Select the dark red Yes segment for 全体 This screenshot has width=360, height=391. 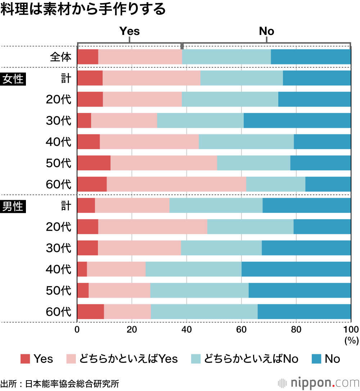87,57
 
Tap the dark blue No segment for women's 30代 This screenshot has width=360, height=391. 297,120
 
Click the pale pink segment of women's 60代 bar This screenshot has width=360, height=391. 176,184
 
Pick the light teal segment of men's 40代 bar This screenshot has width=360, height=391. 193,269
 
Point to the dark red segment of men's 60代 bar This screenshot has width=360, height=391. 90,311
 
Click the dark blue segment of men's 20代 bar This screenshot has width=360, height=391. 322,226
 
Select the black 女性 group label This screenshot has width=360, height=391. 13,78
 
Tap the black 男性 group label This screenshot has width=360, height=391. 13,206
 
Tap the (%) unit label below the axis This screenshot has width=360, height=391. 350,341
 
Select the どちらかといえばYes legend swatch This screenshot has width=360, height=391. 72,359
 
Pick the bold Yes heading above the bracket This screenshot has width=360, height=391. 130,31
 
